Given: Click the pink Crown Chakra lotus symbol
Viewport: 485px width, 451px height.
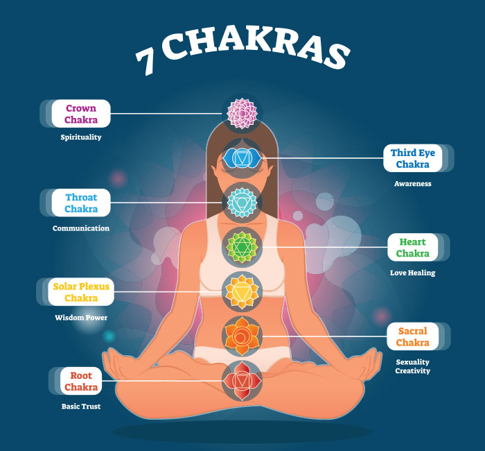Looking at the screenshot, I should [242, 112].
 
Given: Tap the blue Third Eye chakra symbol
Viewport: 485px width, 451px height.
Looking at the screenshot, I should [242, 158].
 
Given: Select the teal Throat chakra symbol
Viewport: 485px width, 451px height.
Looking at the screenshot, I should [242, 202].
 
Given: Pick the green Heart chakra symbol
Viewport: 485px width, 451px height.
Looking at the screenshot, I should [242, 246].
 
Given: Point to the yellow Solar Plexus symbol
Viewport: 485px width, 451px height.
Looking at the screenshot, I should [242, 291].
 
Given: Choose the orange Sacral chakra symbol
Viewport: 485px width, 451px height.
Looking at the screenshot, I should [242, 336].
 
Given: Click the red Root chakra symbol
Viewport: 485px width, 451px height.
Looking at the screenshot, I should [242, 380].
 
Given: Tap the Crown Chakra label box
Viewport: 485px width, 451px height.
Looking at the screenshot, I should [81, 114].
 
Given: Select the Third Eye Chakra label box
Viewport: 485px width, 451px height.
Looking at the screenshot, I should [412, 158].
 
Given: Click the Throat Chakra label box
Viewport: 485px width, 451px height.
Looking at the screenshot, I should [81, 203].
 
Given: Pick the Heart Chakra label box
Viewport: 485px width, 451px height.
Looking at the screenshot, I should [412, 248].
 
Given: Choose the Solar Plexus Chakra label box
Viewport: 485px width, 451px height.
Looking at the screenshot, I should [81, 292].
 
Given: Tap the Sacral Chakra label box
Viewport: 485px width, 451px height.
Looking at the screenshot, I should [412, 337].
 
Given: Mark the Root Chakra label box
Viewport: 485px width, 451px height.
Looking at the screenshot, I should [81, 381].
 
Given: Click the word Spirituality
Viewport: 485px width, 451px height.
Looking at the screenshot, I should [81, 137].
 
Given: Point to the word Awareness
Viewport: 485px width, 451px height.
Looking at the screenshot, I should [412, 184].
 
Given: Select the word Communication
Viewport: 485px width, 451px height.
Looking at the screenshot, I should [81, 228].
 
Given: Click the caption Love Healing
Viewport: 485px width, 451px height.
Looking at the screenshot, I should [412, 273].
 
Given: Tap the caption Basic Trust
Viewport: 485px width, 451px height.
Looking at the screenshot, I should [81, 406].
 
